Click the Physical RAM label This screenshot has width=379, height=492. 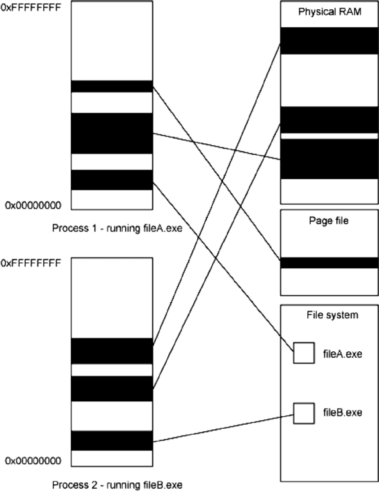(x=330, y=12)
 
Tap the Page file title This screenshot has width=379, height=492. (x=329, y=221)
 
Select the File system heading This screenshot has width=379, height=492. (x=332, y=315)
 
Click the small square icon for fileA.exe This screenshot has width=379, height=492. (x=304, y=353)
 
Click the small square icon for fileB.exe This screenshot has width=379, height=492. (x=304, y=413)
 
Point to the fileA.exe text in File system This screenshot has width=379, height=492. (x=342, y=353)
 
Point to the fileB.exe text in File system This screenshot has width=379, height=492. (x=342, y=413)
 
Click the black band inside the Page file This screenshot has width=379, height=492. (x=329, y=263)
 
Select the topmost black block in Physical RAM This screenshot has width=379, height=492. (x=329, y=41)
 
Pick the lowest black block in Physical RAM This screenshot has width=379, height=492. (x=329, y=159)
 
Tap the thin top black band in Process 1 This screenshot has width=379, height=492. (x=112, y=86)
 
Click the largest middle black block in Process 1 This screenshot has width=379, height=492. (x=112, y=133)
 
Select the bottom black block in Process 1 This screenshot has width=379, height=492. (x=112, y=180)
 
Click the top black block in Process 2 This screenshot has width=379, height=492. (x=112, y=351)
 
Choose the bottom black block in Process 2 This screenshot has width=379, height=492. (x=112, y=440)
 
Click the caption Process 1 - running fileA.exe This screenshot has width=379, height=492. (x=117, y=229)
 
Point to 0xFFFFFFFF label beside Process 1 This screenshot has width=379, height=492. (x=31, y=7)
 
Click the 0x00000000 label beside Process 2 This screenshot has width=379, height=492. (x=33, y=460)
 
